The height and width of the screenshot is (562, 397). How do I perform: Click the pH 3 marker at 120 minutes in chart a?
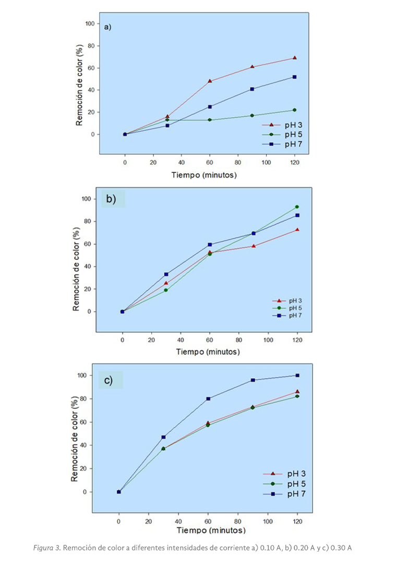(x=294, y=58)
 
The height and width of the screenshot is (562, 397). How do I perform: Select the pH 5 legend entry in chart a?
(x=290, y=134)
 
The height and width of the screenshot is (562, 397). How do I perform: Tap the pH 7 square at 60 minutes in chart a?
(x=210, y=107)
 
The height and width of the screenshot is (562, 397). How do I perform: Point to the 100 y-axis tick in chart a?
(x=90, y=23)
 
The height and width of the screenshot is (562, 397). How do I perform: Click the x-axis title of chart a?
(x=204, y=175)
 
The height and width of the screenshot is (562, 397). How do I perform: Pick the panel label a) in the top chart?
(x=108, y=27)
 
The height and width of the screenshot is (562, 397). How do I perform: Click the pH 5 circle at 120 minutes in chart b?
(x=297, y=207)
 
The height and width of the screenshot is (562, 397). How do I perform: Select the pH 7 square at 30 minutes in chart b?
(x=166, y=274)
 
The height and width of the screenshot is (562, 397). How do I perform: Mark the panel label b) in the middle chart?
(x=111, y=199)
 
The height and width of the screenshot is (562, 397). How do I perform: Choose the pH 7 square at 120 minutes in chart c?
(x=297, y=376)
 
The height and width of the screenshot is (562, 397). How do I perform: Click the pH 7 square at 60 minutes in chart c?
(x=209, y=398)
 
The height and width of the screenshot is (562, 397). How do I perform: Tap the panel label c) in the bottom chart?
(x=109, y=380)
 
